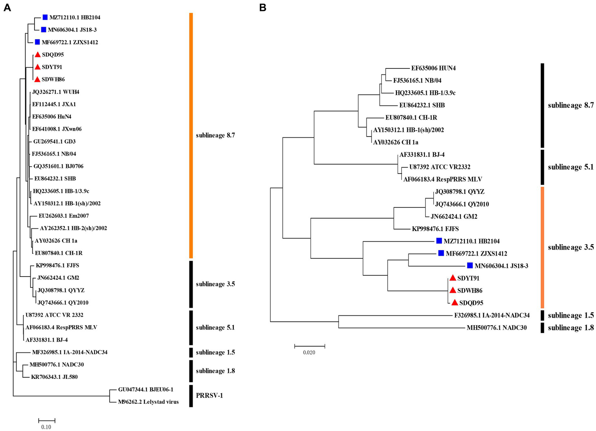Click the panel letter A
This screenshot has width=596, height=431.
[7, 8]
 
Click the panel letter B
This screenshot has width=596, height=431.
[263, 8]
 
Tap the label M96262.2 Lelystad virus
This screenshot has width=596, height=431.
[148, 402]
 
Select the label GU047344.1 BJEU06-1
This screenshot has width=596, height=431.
[146, 389]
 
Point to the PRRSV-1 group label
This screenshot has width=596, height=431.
[209, 396]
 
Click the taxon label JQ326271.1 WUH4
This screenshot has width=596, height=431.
[56, 92]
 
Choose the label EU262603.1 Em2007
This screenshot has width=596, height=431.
[64, 215]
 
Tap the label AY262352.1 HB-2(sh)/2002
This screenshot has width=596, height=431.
[73, 228]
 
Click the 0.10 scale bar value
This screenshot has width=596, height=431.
[46, 427]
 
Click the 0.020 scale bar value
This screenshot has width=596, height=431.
[309, 352]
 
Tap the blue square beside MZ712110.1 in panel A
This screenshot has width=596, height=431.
[45, 17]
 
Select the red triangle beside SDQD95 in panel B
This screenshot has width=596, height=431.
[455, 302]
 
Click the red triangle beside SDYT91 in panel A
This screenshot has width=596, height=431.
[37, 67]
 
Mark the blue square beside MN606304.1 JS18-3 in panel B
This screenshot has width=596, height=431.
[470, 266]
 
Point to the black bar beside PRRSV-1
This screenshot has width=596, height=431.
[191, 396]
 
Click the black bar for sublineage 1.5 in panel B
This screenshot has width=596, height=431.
[542, 315]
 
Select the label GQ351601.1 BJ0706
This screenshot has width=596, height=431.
[58, 166]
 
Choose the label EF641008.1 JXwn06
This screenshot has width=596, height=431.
[57, 129]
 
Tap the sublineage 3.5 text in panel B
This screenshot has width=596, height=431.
[570, 247]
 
